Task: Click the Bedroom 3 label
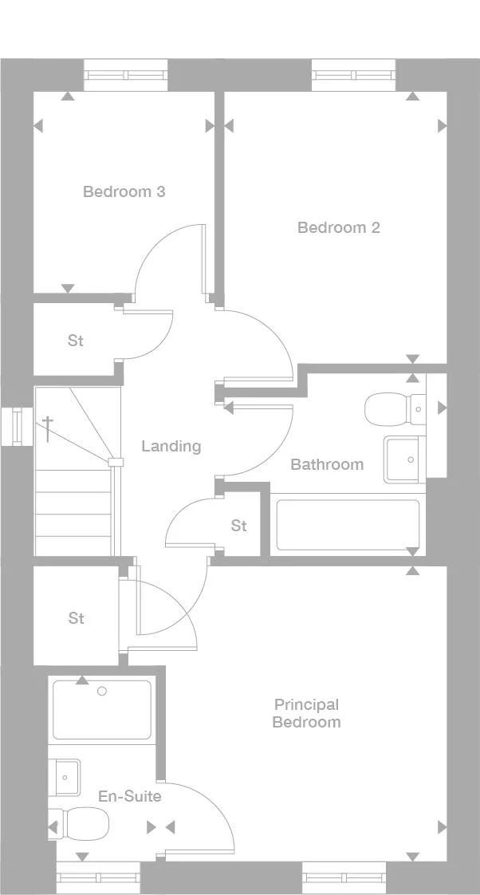[x=124, y=191]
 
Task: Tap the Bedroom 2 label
[x=339, y=228]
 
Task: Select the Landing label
[x=171, y=447]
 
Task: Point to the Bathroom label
[x=327, y=464]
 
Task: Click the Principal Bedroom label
[x=306, y=713]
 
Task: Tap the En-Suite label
[x=130, y=796]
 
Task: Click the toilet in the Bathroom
[x=395, y=409]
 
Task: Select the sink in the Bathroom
[x=405, y=459]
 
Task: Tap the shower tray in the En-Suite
[x=102, y=709]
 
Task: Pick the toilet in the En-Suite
[x=79, y=824]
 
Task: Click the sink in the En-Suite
[x=64, y=778]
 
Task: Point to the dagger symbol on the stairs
[x=48, y=428]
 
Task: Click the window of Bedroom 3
[x=126, y=75]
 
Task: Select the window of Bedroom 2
[x=354, y=75]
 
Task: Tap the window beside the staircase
[x=17, y=427]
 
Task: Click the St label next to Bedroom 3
[x=76, y=341]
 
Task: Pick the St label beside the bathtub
[x=239, y=525]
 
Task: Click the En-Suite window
[x=98, y=878]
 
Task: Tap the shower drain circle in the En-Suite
[x=102, y=692]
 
